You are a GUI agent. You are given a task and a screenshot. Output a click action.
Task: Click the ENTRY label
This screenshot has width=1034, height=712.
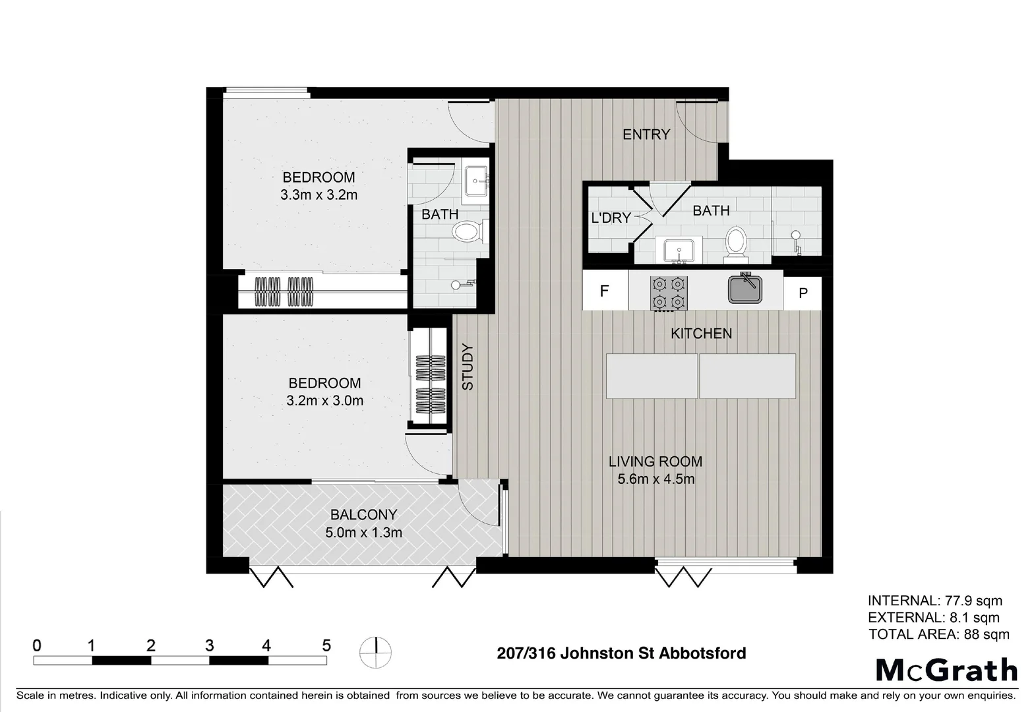coord(646,134)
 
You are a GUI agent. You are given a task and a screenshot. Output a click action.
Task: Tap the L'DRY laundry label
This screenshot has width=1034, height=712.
coord(611,218)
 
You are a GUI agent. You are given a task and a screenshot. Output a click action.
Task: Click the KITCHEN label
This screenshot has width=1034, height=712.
coord(701,334)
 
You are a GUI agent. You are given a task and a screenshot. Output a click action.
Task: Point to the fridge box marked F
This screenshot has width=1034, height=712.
coord(605,291)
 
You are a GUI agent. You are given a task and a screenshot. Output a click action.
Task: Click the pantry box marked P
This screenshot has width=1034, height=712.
coord(803,293)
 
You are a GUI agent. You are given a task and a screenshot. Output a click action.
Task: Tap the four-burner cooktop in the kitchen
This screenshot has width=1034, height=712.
coord(669,293)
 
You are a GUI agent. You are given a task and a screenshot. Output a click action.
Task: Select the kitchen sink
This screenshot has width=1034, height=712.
coord(745,289)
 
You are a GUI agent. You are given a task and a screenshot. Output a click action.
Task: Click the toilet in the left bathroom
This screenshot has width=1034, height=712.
coord(468,231)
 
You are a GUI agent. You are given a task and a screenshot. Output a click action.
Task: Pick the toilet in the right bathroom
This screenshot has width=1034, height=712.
coord(735,242)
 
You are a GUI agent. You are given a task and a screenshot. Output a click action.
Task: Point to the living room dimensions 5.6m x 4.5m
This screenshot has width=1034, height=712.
coord(655,479)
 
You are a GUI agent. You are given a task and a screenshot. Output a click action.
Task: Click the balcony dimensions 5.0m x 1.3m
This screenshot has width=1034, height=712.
coord(363,533)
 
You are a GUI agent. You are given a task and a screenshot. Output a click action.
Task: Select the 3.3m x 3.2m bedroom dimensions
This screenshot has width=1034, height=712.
coord(319,195)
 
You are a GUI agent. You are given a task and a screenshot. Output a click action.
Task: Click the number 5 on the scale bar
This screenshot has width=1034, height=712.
coord(326,645)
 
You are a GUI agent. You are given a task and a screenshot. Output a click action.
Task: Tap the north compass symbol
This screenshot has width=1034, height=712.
coord(375,653)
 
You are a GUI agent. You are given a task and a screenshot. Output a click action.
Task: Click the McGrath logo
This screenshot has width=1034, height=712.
coord(946,670)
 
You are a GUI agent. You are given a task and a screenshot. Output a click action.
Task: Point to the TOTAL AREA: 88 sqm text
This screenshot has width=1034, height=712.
coord(938,634)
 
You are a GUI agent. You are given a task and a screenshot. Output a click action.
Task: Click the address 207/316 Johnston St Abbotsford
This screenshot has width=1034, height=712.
coord(621,653)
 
